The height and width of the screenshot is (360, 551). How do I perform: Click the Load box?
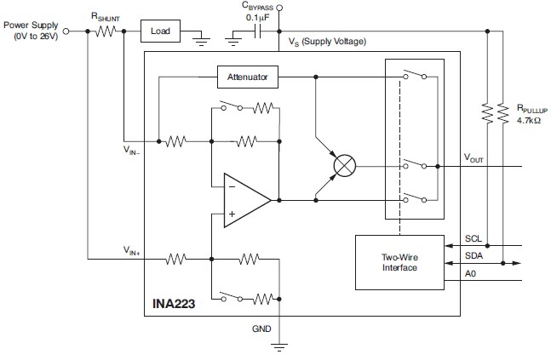(160, 31)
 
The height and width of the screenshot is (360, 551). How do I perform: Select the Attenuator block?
(247, 77)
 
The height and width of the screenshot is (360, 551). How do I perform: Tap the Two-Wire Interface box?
(399, 261)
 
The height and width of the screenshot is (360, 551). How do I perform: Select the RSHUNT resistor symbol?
(106, 31)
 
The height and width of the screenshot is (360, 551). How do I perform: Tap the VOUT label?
(474, 157)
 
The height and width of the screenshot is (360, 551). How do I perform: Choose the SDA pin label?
(474, 255)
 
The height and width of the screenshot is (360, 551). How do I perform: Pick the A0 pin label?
(471, 273)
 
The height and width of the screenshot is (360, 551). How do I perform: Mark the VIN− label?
(131, 148)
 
